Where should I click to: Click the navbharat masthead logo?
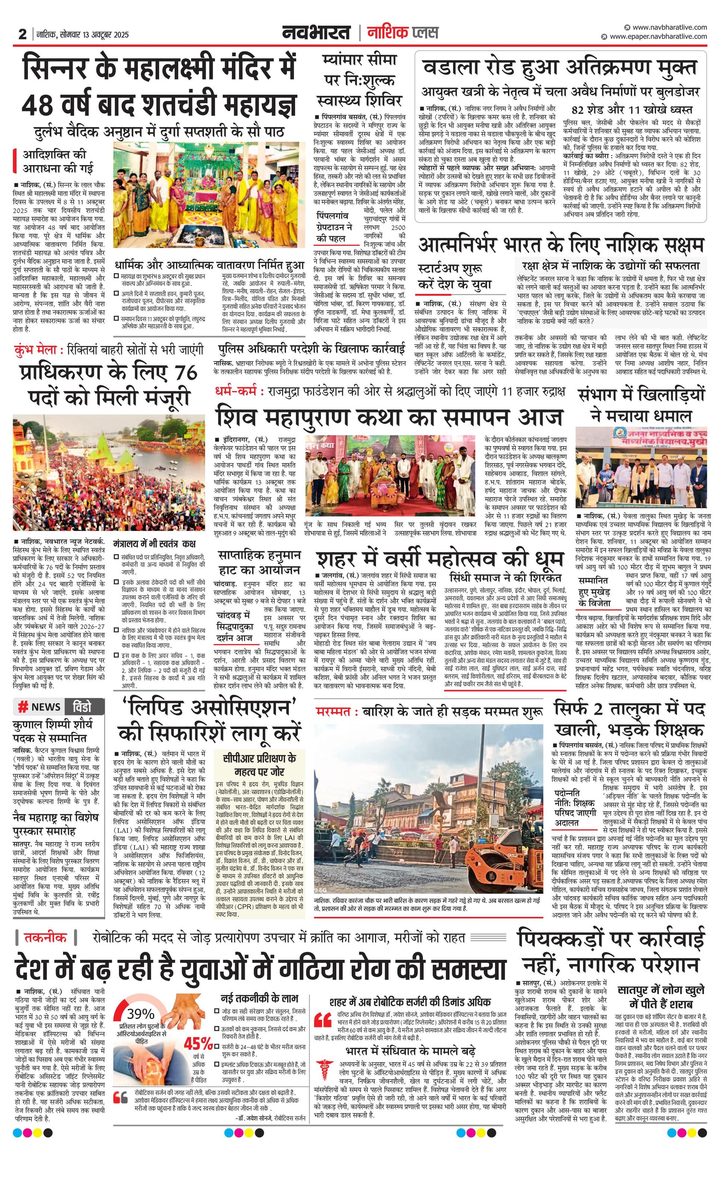(317, 33)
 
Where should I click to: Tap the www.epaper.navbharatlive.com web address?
(658, 37)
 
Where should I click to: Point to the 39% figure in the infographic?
(140, 1013)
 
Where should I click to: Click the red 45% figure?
(198, 1043)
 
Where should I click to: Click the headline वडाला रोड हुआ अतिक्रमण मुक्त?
(559, 68)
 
